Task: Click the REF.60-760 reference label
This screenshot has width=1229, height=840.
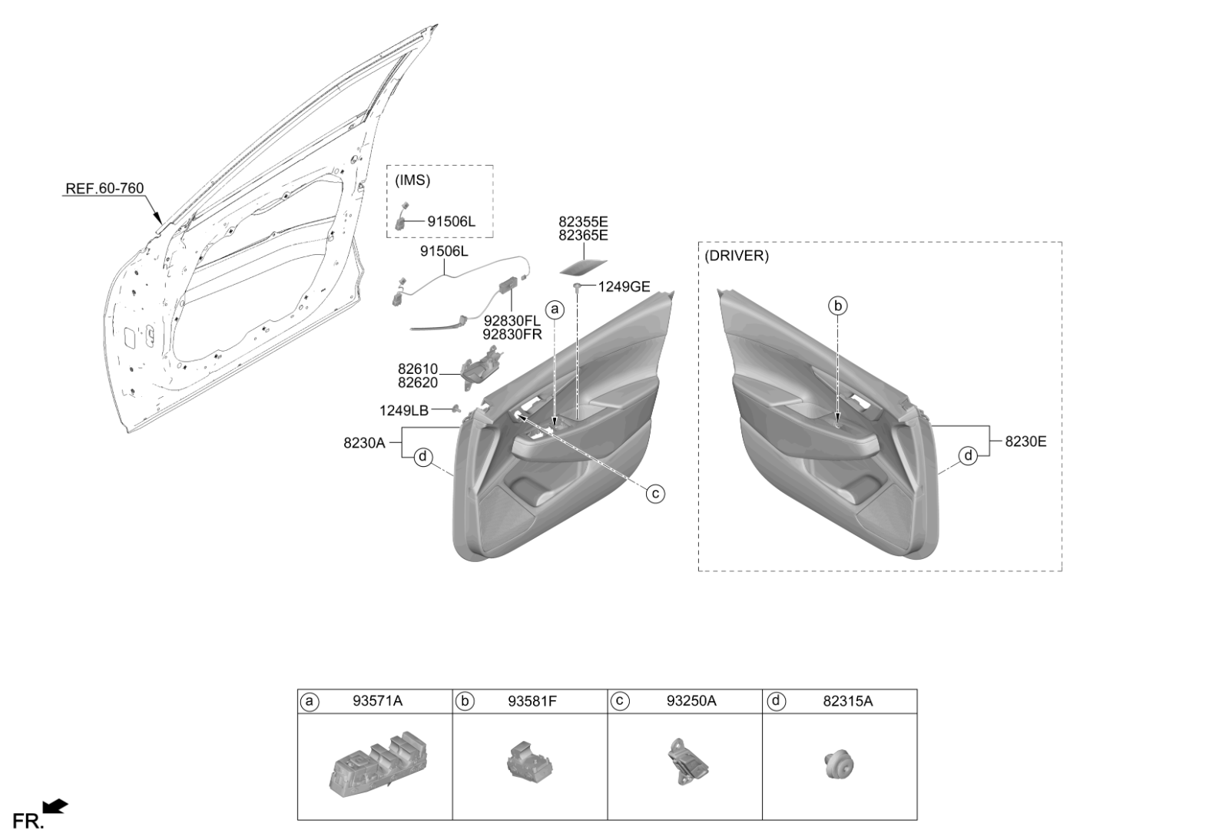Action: [x=104, y=189]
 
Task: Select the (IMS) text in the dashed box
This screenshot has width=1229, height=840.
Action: [x=412, y=180]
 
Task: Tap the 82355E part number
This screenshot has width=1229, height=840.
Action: [x=583, y=222]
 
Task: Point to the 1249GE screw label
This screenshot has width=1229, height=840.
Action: [x=624, y=286]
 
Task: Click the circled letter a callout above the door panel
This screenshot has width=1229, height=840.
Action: [x=555, y=309]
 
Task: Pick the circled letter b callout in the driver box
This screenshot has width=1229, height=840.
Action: [x=838, y=306]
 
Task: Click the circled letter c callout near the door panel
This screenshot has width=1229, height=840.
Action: [x=655, y=494]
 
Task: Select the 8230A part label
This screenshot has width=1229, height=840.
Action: [x=364, y=443]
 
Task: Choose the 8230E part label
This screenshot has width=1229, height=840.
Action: [x=1025, y=441]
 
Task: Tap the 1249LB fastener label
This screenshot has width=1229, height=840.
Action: [x=404, y=410]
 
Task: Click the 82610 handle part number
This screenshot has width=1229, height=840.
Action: [x=418, y=369]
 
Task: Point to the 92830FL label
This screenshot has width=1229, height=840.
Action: [x=512, y=321]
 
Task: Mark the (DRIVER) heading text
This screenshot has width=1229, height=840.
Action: [x=737, y=256]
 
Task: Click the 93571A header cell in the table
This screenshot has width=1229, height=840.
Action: [x=377, y=701]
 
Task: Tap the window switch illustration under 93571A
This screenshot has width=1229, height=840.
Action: [x=379, y=762]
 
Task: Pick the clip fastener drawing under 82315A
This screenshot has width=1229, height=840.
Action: [x=839, y=764]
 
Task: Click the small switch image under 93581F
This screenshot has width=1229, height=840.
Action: [x=529, y=760]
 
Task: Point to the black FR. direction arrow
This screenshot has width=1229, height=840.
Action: [x=55, y=806]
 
